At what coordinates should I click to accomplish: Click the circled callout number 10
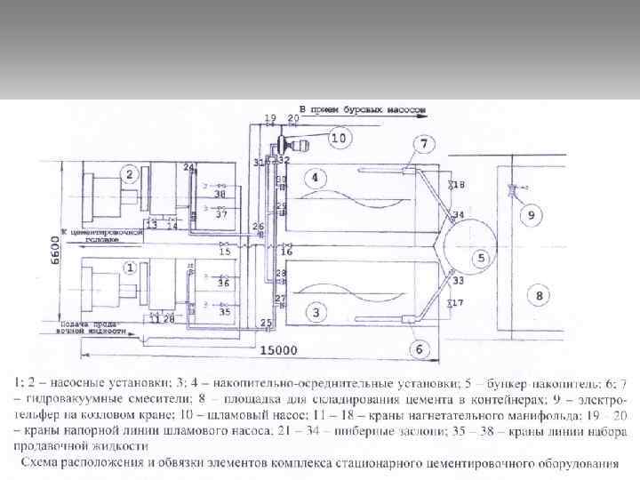click(x=338, y=138)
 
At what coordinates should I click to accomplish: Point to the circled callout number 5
click(x=482, y=259)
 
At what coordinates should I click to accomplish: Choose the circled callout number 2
click(x=130, y=173)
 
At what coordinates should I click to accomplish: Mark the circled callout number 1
click(x=130, y=267)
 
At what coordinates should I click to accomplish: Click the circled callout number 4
click(x=313, y=178)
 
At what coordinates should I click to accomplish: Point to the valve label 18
click(x=460, y=184)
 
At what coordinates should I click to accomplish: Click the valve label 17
click(x=458, y=304)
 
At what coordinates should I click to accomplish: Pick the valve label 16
click(x=286, y=252)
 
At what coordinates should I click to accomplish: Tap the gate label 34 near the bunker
click(x=458, y=215)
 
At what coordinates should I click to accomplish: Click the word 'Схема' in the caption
click(x=45, y=463)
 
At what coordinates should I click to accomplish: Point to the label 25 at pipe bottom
click(x=265, y=321)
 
